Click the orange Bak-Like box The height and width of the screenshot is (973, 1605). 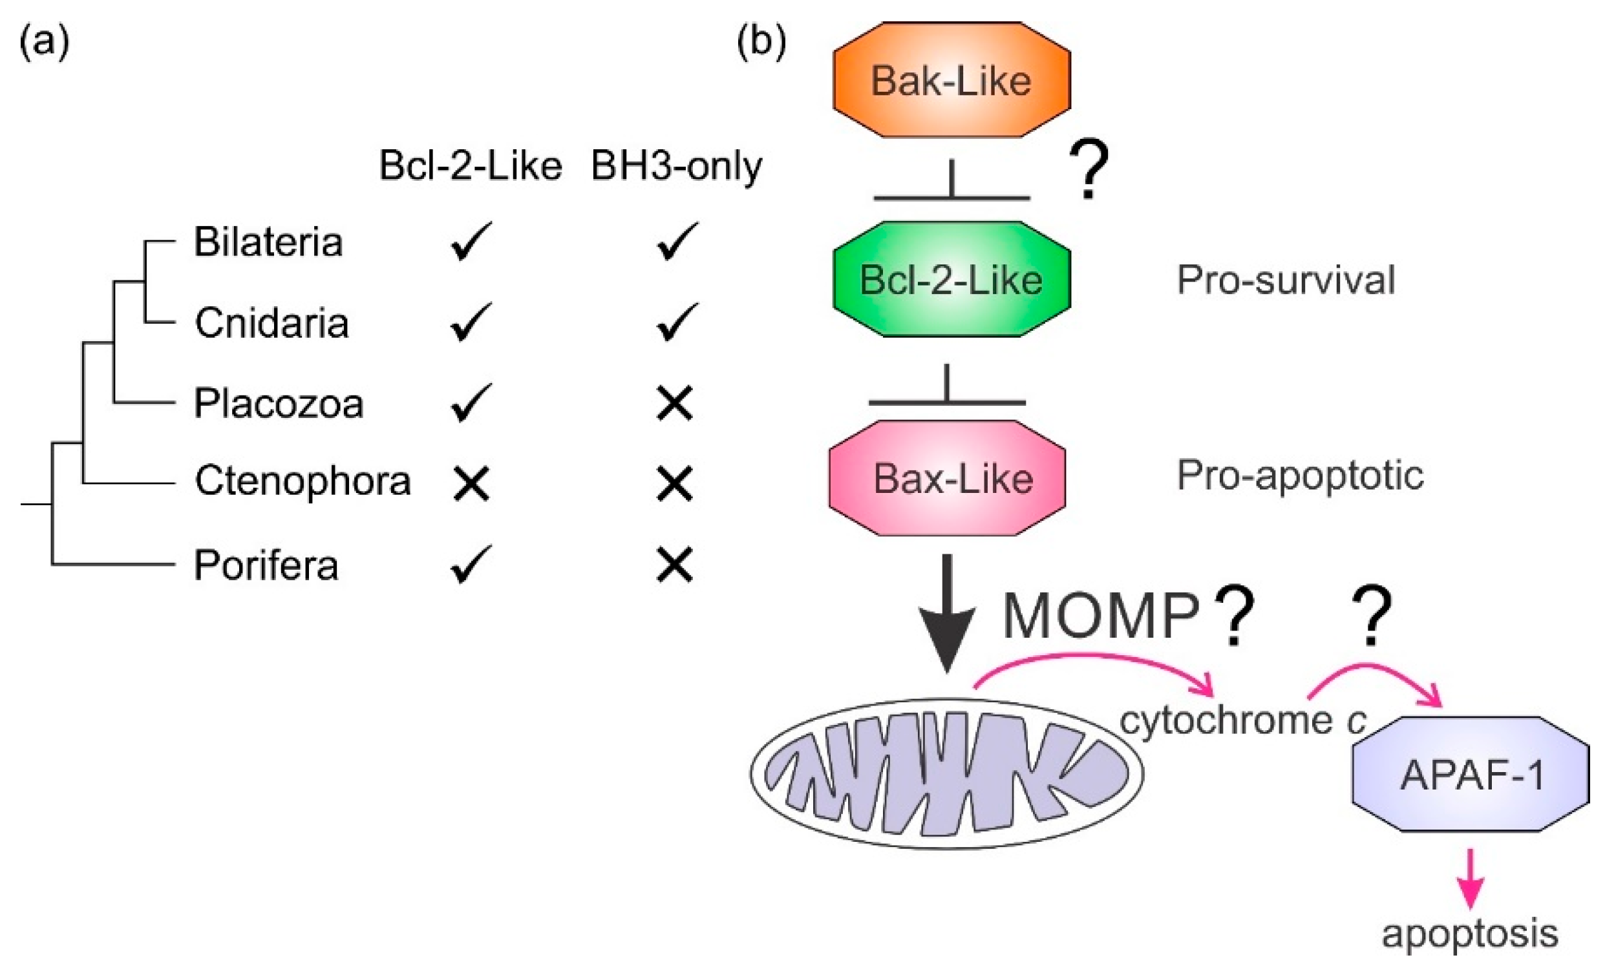pos(951,80)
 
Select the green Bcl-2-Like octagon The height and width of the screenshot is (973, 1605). pos(951,279)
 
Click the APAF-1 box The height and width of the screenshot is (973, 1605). pos(1471,775)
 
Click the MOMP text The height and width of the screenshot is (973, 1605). pos(1101,616)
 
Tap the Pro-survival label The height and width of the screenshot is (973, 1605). pos(1286,280)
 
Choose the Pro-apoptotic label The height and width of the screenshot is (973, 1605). pos(1300,476)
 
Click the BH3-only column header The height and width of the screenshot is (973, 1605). pos(676,166)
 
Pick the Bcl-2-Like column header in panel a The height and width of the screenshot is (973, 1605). pos(471,166)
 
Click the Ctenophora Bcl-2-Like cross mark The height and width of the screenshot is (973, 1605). pos(471,484)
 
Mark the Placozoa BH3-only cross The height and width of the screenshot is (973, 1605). pos(675,403)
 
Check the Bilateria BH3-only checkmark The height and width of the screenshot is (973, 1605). pos(676,242)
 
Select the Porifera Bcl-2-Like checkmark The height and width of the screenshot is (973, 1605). pos(471,564)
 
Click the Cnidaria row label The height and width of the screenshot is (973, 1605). pos(271,323)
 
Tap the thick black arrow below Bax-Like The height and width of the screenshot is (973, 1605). pos(947,612)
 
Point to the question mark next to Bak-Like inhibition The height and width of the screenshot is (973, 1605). pos(1089,171)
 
